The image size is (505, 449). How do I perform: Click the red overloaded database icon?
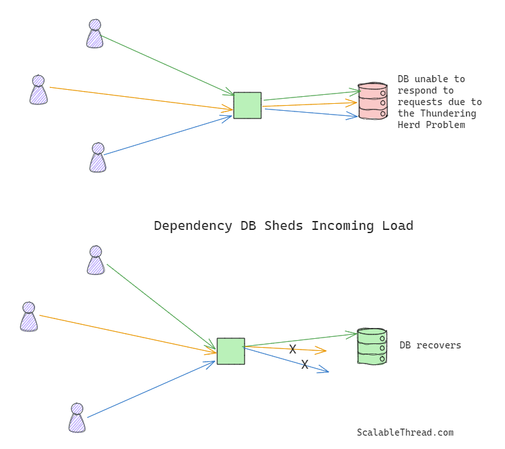(373, 101)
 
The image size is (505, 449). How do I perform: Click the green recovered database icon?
(372, 346)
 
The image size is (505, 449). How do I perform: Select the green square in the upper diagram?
(247, 106)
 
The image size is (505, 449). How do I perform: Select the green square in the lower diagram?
(231, 352)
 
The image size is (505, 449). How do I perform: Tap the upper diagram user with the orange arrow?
(38, 90)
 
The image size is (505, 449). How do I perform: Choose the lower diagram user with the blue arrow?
(77, 418)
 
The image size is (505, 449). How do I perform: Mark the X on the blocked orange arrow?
(293, 349)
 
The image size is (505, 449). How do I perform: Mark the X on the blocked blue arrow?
(304, 364)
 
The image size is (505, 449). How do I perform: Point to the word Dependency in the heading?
(193, 226)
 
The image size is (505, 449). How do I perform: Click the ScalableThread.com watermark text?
(405, 432)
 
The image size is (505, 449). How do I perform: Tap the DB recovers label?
(430, 345)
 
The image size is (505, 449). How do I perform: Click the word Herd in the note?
(408, 125)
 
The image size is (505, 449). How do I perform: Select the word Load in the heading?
(397, 226)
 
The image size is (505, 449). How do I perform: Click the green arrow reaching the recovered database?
(299, 340)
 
